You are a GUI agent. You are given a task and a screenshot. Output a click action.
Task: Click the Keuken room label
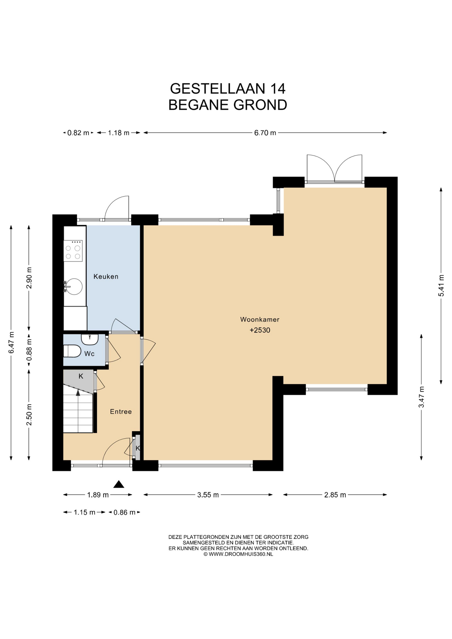pos(106,277)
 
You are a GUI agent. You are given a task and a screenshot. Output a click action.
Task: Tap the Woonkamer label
pos(260,319)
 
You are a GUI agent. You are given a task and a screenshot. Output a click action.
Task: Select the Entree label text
pos(121,412)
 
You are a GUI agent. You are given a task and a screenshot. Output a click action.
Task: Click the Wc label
pos(89,354)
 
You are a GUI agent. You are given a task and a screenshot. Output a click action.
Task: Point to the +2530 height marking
pos(260,330)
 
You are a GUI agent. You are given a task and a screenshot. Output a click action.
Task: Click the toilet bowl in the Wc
pos(72,351)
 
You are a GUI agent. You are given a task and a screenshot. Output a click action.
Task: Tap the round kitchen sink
pos(74,287)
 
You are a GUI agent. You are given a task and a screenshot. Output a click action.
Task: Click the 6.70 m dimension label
pos(265,133)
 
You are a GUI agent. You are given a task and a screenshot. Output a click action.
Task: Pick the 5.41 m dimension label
pos(441,286)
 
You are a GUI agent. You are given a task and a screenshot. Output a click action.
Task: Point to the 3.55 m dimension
pos(208,495)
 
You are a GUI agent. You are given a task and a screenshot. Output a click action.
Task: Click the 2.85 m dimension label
pos(335,495)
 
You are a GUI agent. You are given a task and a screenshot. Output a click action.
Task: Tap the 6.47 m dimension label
pos(11,343)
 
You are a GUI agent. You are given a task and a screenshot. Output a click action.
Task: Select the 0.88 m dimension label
pos(29,349)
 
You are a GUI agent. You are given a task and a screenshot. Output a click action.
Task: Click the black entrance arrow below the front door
pos(119,484)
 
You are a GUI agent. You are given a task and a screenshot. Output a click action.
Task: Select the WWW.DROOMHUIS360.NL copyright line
pos(238,554)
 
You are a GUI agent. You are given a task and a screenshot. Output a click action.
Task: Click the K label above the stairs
pos(81,376)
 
